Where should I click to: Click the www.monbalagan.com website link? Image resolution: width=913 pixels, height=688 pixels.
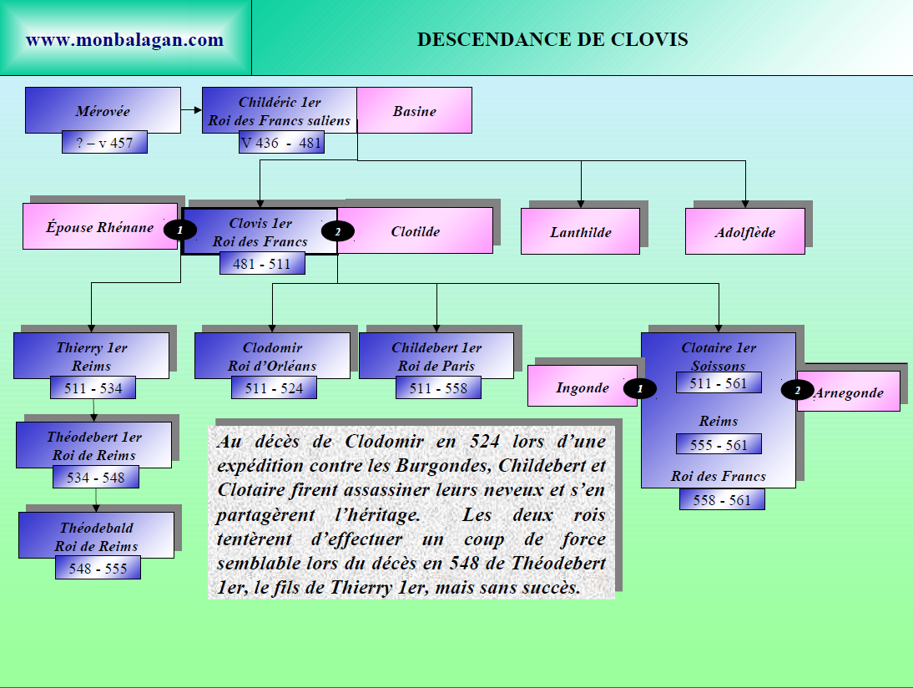pos(125,39)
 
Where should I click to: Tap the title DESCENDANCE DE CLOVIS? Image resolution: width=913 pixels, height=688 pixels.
pos(552,39)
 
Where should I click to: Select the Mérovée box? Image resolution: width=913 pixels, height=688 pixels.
pos(103,110)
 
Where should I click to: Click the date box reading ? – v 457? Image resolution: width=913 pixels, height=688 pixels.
pos(104,143)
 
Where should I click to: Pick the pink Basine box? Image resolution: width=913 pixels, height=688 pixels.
pos(415,110)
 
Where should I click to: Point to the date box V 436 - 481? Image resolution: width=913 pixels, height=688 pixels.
pos(281,143)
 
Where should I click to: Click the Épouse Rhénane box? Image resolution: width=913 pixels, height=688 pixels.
pos(99,226)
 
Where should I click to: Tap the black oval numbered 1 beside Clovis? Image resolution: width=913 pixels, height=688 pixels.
pos(180,229)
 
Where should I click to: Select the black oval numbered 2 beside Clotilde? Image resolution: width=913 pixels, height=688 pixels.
pos(338,231)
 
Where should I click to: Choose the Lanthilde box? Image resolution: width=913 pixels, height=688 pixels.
pos(580,232)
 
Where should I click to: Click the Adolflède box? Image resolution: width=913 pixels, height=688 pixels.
pos(744,232)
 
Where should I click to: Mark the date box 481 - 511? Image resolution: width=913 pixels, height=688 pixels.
pos(262,263)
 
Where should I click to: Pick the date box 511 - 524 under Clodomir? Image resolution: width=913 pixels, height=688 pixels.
pos(274,388)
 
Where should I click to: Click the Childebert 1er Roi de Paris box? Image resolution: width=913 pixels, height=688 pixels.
pos(436,356)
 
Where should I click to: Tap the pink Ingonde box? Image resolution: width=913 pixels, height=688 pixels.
pos(582,387)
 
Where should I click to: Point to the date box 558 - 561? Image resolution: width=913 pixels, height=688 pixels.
pos(722,500)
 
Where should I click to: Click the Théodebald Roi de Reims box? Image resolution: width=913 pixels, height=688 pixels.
pos(96,536)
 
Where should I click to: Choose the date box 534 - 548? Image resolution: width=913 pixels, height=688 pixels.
pos(96,478)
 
